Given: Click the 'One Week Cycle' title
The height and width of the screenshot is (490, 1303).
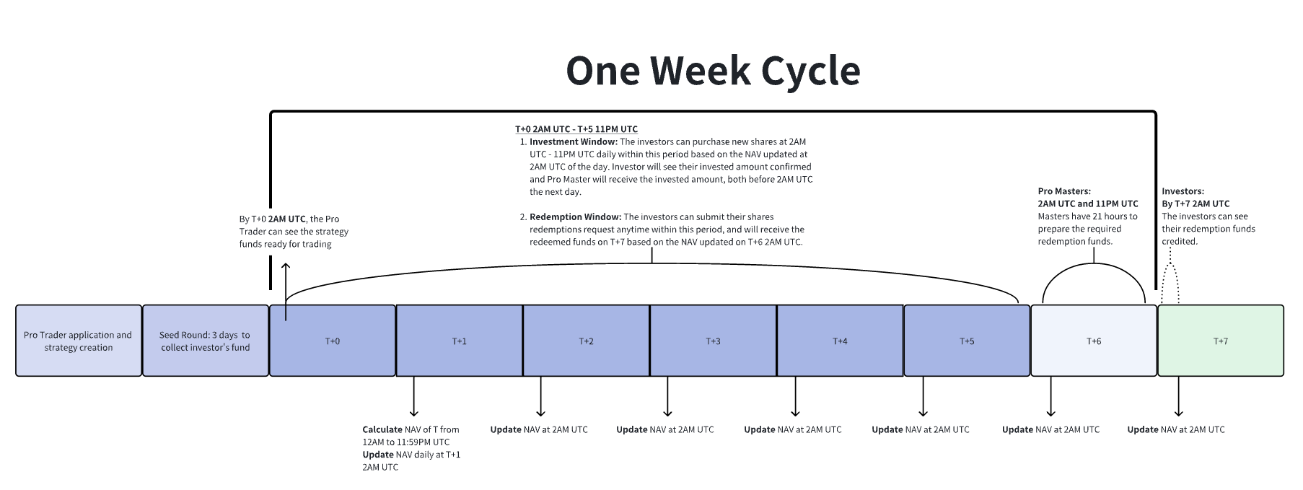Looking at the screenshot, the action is [713, 71].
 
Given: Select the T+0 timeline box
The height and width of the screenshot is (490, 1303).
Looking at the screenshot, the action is [333, 341].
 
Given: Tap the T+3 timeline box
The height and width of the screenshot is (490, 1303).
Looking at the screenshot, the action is [714, 341].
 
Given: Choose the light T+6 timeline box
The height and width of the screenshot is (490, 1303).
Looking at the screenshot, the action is [1094, 341].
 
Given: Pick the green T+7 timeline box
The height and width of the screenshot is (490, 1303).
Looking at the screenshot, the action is [1221, 341].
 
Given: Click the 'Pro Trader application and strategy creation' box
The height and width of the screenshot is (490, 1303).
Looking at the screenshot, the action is [79, 341].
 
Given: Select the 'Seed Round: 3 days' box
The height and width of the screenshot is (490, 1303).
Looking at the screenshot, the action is [206, 341].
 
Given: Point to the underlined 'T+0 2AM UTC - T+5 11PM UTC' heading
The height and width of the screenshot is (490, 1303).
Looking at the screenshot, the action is [576, 129].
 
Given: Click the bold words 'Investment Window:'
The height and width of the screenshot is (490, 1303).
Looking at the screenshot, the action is [574, 142].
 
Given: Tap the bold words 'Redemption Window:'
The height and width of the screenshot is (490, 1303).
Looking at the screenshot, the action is [575, 217].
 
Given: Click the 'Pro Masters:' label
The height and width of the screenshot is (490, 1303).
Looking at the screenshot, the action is [1064, 191].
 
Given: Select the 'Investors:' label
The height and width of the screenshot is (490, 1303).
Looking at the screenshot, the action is [1183, 191].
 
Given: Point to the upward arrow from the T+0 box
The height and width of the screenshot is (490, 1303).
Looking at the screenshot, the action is [286, 292].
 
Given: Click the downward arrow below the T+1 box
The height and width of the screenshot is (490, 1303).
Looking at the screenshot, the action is [414, 397].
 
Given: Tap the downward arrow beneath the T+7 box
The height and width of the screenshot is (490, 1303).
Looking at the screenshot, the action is [1179, 397].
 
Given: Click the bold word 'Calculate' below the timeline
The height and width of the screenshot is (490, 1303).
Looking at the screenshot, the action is [382, 429].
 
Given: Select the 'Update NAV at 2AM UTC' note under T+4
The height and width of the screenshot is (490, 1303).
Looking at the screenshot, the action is [921, 429].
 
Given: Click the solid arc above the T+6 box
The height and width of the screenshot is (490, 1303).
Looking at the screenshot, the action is [1094, 264].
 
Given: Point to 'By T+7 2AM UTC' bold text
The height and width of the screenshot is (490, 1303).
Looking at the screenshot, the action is [1195, 204].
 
